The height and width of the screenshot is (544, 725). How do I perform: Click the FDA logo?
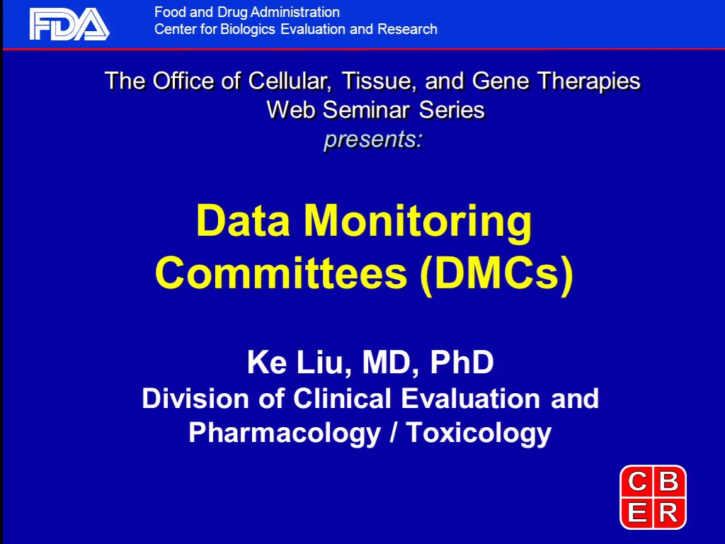click(x=69, y=24)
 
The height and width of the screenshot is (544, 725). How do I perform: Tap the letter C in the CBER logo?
click(x=637, y=482)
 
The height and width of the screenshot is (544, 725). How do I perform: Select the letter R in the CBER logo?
click(x=668, y=513)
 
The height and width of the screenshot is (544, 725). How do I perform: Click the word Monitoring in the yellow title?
click(x=418, y=222)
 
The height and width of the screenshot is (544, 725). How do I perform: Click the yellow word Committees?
click(x=281, y=273)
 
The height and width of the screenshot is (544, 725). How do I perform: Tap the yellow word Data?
click(x=244, y=220)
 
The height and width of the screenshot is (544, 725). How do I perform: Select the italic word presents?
click(x=373, y=140)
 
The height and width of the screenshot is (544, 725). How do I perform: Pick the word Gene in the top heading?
click(x=501, y=81)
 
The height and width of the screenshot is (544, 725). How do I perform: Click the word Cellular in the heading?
click(x=290, y=81)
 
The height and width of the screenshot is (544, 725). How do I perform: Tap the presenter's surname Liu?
click(x=323, y=362)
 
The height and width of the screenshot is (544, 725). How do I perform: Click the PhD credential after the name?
click(x=462, y=362)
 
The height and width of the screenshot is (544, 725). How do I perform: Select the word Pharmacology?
click(x=285, y=433)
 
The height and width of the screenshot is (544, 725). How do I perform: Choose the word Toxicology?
click(x=479, y=433)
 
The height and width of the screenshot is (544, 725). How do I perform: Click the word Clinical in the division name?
click(x=342, y=398)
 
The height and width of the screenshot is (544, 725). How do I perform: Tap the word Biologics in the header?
click(x=249, y=29)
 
